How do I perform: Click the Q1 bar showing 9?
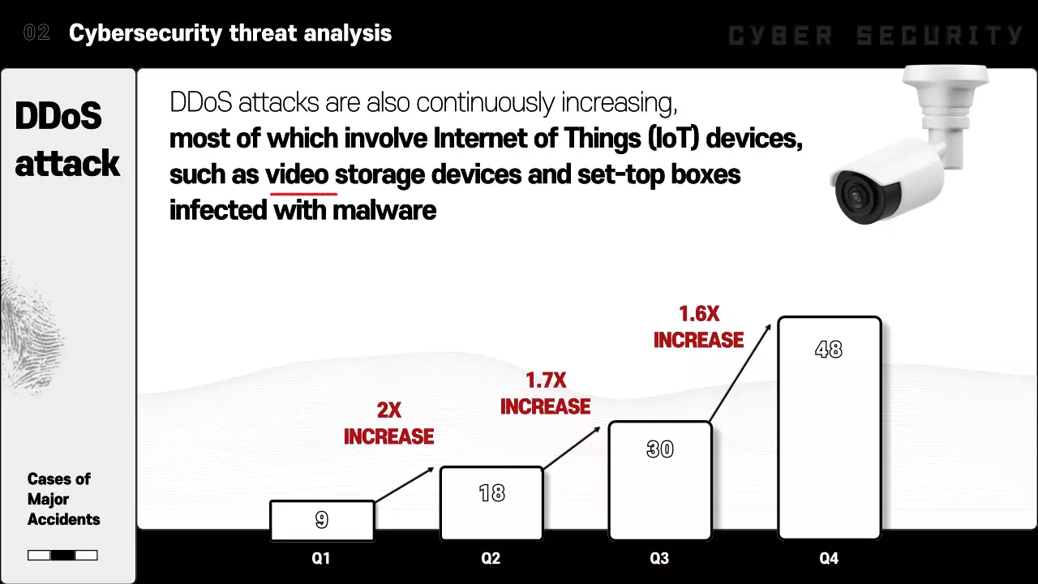[322, 520]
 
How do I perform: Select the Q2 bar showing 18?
[491, 503]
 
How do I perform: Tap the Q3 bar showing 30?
[660, 480]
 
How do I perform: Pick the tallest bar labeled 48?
[829, 427]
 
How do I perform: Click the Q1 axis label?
[321, 559]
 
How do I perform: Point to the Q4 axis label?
[829, 559]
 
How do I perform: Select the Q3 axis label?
[659, 559]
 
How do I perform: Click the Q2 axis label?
[491, 559]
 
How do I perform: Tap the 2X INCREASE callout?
[388, 423]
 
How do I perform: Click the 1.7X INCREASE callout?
[545, 393]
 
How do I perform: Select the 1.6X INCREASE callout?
[698, 327]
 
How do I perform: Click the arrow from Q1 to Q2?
[405, 484]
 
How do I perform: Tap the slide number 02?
[36, 33]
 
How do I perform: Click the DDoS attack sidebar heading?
[67, 140]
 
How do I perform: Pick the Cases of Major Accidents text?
[63, 499]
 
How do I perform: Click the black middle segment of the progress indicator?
[62, 556]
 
